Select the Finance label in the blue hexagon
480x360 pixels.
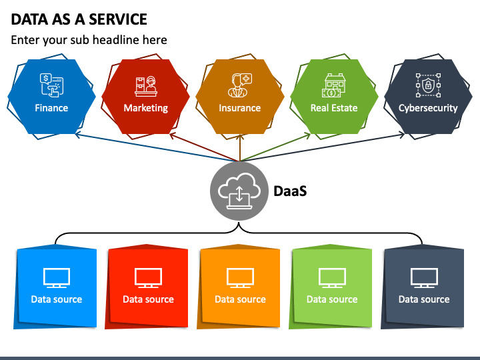coord(51,108)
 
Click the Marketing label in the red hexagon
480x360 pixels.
coord(146,108)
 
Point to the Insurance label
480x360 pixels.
coord(240,108)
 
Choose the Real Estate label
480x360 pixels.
coord(334,108)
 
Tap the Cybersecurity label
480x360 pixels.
coord(428,108)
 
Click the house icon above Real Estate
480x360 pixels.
coord(334,85)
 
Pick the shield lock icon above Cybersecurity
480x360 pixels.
coord(428,85)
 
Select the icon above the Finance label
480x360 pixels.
coord(51,85)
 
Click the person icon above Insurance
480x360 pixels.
coord(240,85)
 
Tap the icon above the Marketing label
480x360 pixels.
coord(146,86)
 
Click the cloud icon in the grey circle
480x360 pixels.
coord(239,191)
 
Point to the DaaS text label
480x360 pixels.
coord(290,191)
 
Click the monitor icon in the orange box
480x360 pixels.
coord(240,278)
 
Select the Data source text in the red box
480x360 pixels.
coord(148,299)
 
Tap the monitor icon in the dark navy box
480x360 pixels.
coord(424,278)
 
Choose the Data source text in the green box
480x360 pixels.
coord(332,299)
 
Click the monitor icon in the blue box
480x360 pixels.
coord(57,278)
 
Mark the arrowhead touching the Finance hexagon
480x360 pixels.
coord(78,135)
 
